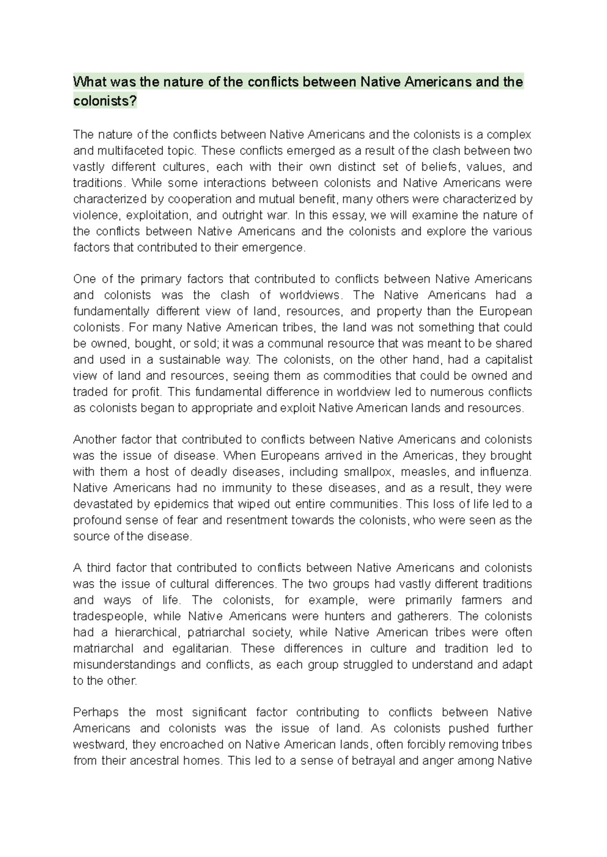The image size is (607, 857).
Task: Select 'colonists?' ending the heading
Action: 105,101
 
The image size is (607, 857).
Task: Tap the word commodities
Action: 359,376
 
